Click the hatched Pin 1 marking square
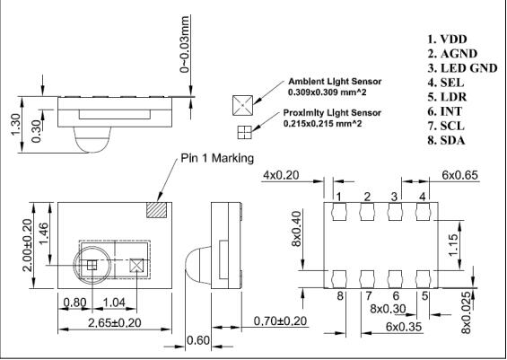pyautogui.click(x=158, y=209)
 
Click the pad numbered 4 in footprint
pyautogui.click(x=423, y=214)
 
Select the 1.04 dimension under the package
pyautogui.click(x=116, y=303)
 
